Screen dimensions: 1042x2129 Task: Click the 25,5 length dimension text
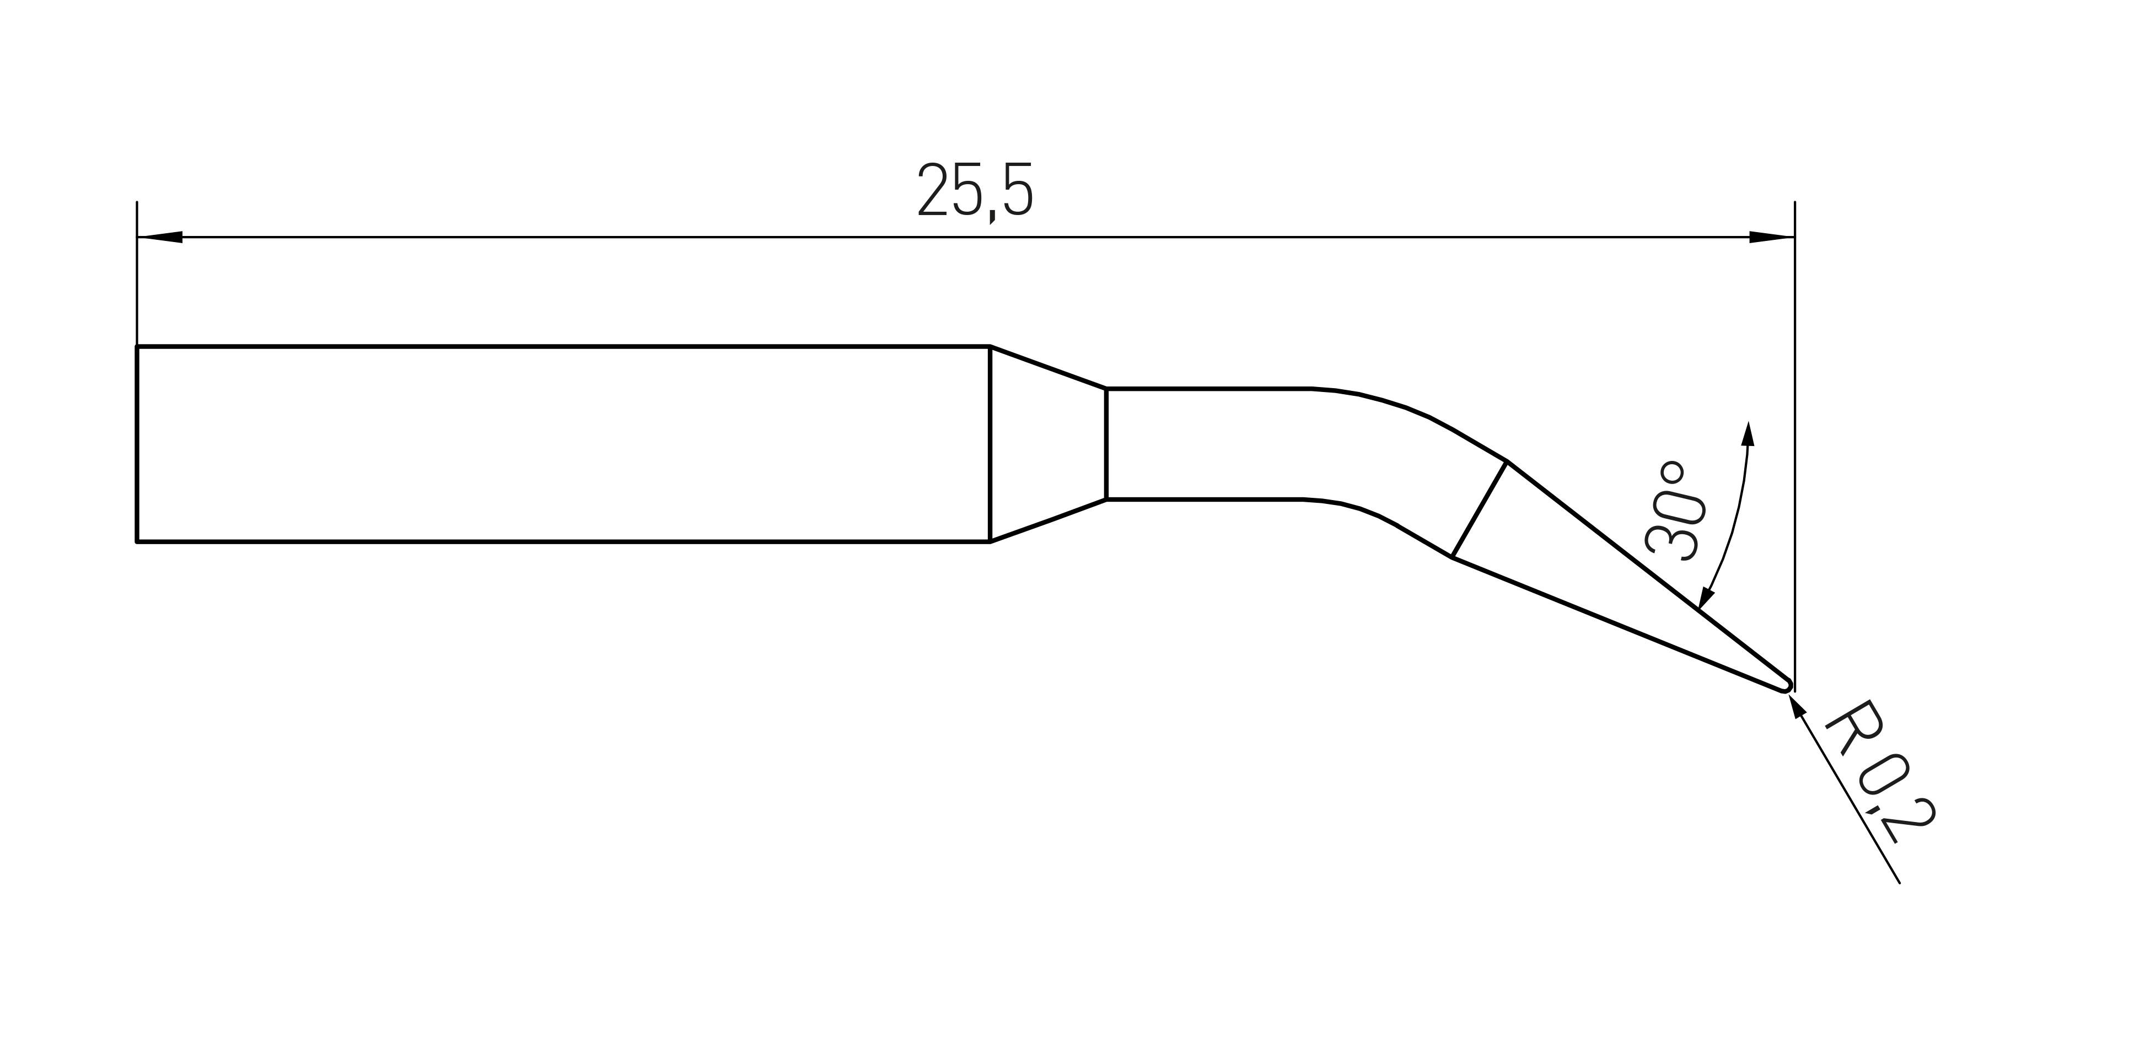[975, 192]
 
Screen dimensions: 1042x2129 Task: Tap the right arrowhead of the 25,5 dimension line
[1772, 237]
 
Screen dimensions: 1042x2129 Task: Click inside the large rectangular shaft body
[562, 444]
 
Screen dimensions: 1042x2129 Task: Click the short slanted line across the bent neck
[1480, 509]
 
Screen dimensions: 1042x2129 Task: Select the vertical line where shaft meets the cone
[990, 444]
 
